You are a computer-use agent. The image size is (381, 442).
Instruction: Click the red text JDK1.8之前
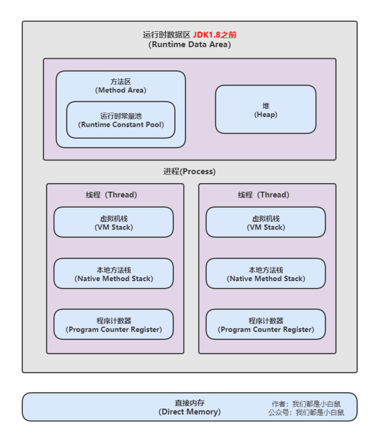(x=214, y=35)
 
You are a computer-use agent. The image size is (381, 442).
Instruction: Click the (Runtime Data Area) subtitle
(x=189, y=45)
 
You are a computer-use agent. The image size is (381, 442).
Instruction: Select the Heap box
(x=266, y=109)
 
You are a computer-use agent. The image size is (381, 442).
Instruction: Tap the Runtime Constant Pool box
(x=121, y=120)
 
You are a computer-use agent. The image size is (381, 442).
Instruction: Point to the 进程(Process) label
(x=189, y=171)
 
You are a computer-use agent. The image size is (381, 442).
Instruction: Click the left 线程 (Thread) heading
(x=111, y=195)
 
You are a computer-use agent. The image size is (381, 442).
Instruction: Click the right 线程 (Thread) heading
(x=263, y=195)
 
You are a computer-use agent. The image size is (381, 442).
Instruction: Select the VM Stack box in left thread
(x=113, y=222)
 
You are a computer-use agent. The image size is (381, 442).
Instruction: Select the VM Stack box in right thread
(x=266, y=222)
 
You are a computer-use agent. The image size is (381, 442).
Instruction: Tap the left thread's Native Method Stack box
(x=113, y=273)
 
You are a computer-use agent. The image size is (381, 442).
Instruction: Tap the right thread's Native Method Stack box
(x=266, y=273)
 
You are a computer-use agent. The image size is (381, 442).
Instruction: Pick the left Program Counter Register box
(x=113, y=325)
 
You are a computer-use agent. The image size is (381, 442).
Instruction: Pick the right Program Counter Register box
(x=266, y=325)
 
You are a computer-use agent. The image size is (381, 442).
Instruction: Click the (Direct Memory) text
(x=189, y=412)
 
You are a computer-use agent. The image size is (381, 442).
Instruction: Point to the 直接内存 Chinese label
(x=189, y=403)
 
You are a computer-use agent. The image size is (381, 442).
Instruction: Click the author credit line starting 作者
(x=306, y=404)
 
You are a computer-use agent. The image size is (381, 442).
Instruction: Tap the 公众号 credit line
(x=306, y=413)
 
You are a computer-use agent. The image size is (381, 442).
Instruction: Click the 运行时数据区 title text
(x=167, y=35)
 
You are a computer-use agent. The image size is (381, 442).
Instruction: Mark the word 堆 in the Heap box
(x=266, y=105)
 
